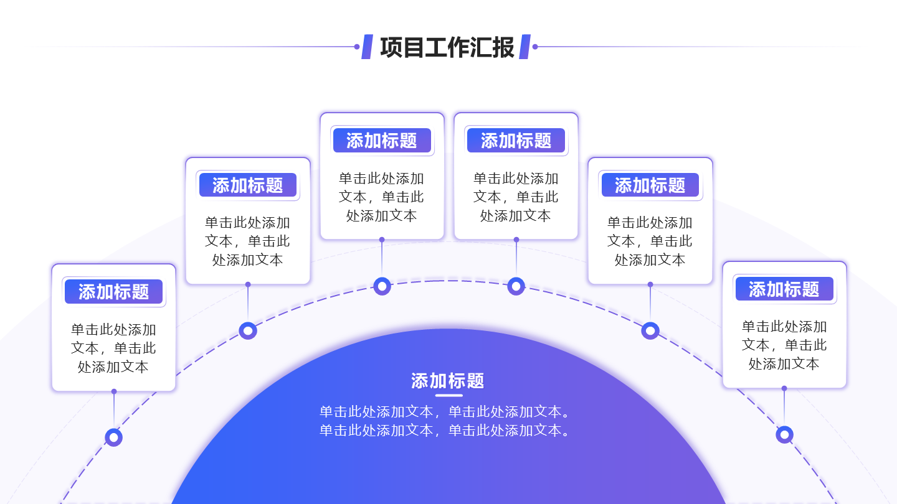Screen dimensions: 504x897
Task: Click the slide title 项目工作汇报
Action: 447,47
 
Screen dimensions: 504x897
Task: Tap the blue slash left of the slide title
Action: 368,47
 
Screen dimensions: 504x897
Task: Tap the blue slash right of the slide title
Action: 525,47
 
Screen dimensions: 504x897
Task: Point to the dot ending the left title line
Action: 357,47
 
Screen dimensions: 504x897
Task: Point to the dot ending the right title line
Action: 535,47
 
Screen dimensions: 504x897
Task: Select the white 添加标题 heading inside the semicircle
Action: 447,381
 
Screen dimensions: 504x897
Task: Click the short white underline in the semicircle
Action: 448,395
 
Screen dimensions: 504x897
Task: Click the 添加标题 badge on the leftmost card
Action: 113,292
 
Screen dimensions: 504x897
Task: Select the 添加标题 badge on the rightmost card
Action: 784,289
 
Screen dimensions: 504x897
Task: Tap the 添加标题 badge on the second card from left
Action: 247,185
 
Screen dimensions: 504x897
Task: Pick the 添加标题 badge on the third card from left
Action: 382,141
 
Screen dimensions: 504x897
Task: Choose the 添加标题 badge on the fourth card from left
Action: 516,141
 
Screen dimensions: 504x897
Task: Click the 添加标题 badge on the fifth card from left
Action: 650,185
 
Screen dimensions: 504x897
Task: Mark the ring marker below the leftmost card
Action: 113,437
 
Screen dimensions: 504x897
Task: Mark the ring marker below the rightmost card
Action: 784,434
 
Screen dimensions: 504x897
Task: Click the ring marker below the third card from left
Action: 382,286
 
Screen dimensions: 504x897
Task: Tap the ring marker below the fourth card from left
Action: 516,286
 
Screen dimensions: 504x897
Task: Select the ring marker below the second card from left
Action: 248,331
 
